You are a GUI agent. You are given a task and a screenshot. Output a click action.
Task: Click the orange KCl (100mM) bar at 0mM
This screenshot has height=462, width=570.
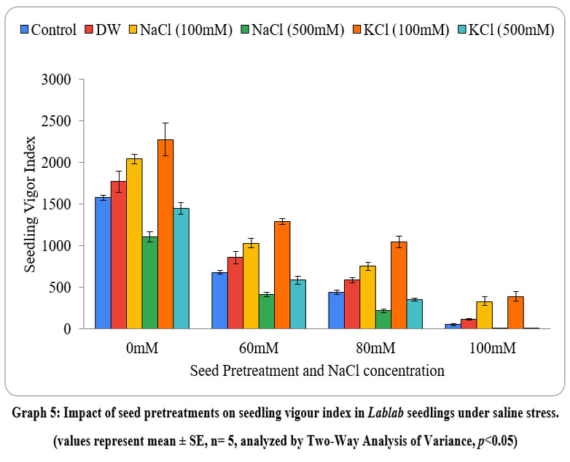pos(165,234)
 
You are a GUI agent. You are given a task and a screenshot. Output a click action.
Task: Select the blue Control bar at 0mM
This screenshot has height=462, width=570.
pos(103,263)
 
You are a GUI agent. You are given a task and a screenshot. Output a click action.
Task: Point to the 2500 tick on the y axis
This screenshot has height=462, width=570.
pos(69,121)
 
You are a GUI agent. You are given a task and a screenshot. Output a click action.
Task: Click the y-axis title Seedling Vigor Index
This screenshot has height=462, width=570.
pos(30,205)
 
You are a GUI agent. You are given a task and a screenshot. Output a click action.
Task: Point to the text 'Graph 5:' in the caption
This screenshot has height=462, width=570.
pos(36,414)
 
